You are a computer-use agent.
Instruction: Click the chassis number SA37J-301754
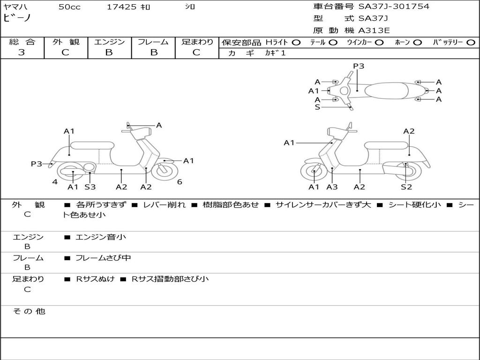(394, 7)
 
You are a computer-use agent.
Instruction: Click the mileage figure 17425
(122, 7)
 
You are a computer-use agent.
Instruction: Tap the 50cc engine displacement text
(69, 7)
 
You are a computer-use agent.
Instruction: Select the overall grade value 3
(22, 52)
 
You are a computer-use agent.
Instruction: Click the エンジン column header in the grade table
(109, 42)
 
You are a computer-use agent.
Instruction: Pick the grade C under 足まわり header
(196, 52)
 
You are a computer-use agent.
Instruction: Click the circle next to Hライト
(296, 43)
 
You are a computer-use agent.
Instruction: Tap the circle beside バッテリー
(471, 43)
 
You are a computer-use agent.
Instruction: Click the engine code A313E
(374, 30)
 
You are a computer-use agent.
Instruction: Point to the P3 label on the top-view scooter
(359, 66)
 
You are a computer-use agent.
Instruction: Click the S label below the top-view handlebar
(317, 107)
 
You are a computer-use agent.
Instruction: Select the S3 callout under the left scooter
(90, 187)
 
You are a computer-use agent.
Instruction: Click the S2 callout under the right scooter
(406, 187)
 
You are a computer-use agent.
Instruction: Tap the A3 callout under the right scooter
(332, 187)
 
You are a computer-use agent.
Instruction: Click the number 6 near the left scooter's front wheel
(180, 182)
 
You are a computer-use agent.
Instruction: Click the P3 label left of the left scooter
(37, 164)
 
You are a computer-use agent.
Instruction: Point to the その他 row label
(29, 311)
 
